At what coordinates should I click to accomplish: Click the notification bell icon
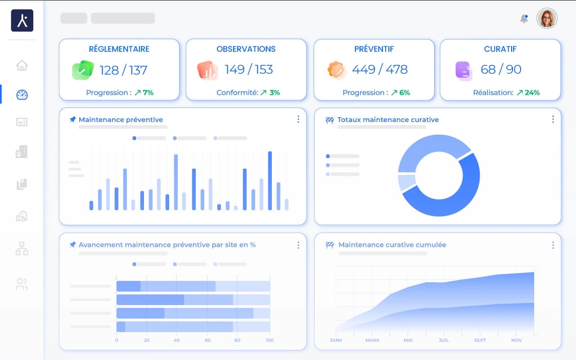pos(524,18)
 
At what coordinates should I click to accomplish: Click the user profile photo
pos(547,18)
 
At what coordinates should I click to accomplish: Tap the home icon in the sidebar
pos(22,65)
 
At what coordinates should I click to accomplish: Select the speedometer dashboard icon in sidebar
pos(22,94)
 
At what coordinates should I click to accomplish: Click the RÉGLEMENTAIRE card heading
pos(119,49)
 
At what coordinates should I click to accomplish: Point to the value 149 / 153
pos(249,69)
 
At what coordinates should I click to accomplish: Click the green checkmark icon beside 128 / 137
pos(82,70)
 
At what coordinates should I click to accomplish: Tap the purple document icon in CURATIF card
pos(463,70)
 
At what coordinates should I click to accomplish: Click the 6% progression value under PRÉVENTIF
pos(404,93)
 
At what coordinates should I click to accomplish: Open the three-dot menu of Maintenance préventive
pos(298,119)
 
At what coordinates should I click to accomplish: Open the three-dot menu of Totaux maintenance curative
pos(553,119)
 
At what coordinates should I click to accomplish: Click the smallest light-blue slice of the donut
pos(406,182)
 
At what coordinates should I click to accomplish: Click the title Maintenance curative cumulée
pos(392,245)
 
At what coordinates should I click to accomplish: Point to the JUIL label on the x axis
pos(444,340)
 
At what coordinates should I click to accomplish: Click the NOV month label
pos(516,340)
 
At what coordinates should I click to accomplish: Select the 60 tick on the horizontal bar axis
pos(207,340)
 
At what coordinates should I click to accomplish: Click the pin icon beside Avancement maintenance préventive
pos(72,245)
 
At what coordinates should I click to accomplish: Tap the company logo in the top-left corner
pos(22,21)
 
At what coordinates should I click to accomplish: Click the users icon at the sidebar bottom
pos(22,284)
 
